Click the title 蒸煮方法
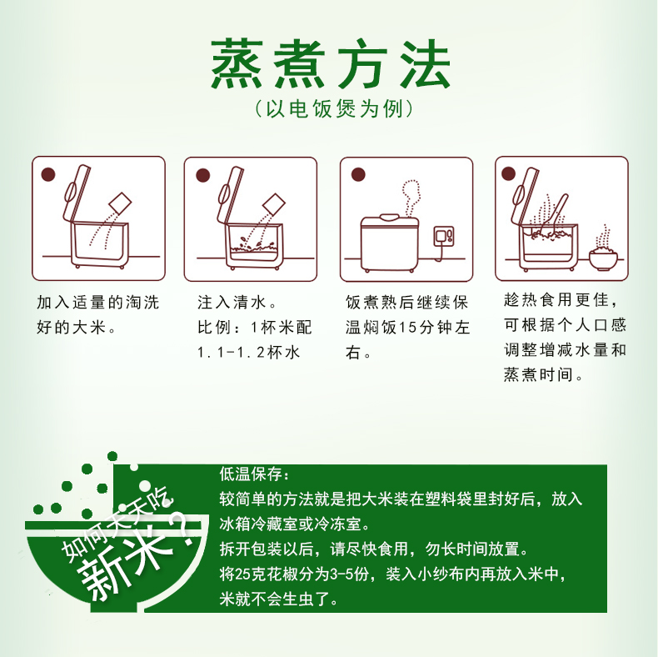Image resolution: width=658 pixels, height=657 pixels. click(x=331, y=64)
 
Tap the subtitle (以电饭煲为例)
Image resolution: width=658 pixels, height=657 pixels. click(x=334, y=109)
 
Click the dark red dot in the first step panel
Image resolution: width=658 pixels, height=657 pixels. click(x=48, y=174)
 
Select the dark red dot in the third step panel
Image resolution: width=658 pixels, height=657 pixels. click(x=358, y=174)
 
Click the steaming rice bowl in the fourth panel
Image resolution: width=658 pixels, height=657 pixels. click(x=604, y=251)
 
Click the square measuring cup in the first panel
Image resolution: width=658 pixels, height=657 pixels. click(x=121, y=204)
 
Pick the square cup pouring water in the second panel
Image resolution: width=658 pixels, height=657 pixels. click(x=273, y=204)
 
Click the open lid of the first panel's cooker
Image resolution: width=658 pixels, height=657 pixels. click(x=76, y=193)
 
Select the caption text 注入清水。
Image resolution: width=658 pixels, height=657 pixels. click(x=237, y=303)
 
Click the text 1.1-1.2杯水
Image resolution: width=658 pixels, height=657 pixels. click(x=248, y=352)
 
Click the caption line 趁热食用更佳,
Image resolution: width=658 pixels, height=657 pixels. click(x=561, y=300)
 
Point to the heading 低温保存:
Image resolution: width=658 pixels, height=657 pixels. click(x=254, y=474)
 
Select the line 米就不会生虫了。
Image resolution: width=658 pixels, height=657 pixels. click(x=279, y=599)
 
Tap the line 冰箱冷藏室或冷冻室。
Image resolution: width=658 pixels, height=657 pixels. click(x=295, y=524)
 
